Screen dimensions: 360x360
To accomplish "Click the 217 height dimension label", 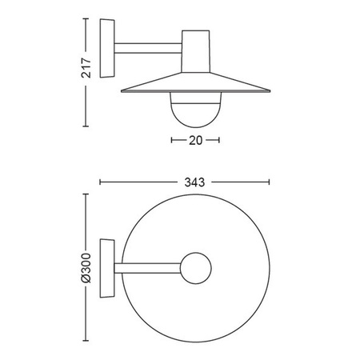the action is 86,68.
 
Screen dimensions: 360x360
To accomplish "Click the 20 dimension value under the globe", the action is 196,140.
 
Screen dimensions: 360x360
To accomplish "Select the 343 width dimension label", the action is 194,182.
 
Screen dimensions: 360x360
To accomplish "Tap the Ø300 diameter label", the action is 86,268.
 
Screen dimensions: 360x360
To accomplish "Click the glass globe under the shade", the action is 196,110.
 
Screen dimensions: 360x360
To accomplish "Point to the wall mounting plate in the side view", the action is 107,48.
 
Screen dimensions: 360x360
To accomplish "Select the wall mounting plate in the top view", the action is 107,268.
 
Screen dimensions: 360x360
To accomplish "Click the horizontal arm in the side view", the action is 148,48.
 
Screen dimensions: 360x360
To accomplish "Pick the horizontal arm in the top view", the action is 147,268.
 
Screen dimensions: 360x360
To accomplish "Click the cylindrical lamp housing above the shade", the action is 195,51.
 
